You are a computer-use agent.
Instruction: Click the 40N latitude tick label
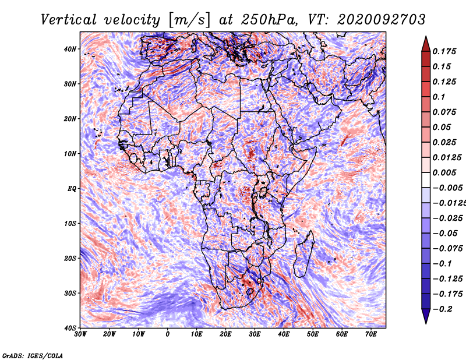(71, 49)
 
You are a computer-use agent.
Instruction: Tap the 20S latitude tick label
(71, 258)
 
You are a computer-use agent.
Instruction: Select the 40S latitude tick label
(71, 327)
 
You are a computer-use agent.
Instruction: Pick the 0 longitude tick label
(168, 334)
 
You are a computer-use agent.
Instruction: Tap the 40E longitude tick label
(284, 334)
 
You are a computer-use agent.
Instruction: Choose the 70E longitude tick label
(371, 334)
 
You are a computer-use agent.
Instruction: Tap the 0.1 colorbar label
(439, 97)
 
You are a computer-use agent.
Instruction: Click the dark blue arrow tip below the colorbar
(426, 320)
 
